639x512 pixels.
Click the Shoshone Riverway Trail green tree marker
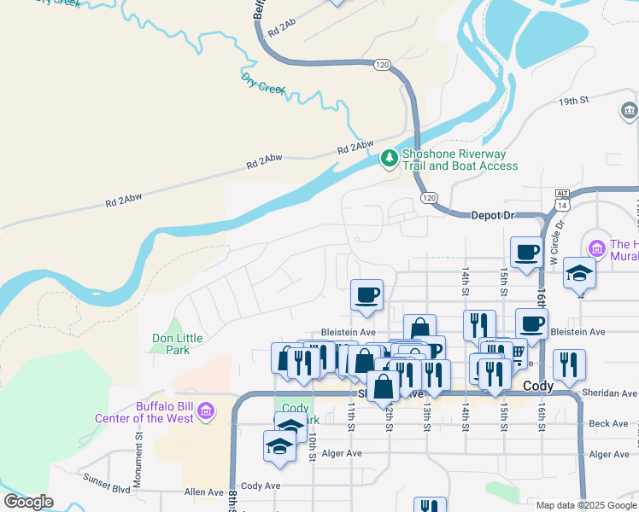point(390,157)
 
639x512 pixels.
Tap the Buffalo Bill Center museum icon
point(205,413)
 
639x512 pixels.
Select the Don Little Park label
point(177,344)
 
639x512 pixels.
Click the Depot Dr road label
point(494,216)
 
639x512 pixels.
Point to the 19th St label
point(574,101)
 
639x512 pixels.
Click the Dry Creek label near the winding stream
point(262,83)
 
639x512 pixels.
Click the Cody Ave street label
point(261,486)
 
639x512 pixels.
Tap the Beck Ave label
point(608,423)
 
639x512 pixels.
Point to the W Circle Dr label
point(560,236)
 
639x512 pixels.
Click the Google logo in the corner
point(28,502)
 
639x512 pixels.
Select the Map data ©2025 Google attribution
point(585,505)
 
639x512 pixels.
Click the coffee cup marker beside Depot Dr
point(526,253)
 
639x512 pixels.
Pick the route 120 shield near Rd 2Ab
point(382,65)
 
